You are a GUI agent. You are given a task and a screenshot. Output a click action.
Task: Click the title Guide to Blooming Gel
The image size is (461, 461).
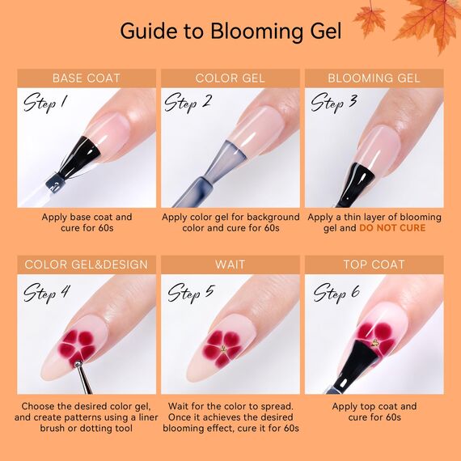click(230, 31)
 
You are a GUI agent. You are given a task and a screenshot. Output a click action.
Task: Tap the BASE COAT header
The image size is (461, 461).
click(87, 78)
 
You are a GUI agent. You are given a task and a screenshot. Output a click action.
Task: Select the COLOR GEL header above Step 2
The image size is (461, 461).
click(230, 78)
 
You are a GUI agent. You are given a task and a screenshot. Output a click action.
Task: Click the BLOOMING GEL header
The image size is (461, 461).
click(374, 78)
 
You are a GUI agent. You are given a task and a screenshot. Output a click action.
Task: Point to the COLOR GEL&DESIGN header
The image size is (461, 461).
click(87, 264)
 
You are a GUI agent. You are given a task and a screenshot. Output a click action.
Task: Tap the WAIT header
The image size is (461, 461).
click(230, 264)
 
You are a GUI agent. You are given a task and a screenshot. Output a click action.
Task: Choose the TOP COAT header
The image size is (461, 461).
click(374, 264)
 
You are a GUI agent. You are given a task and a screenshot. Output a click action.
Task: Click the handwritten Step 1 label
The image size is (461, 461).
click(46, 103)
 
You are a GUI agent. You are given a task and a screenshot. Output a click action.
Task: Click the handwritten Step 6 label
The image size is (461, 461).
click(336, 291)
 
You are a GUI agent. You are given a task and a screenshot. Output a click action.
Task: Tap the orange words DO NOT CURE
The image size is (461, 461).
click(392, 228)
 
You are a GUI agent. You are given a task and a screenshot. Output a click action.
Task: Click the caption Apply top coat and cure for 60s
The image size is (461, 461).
click(374, 412)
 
